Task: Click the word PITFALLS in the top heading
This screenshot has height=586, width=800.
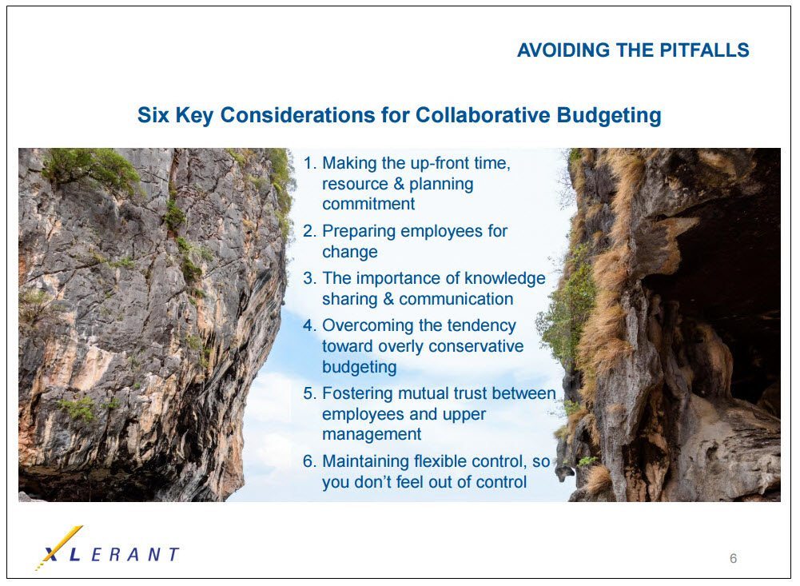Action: click(x=704, y=50)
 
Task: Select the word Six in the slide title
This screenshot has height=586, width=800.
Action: click(x=153, y=115)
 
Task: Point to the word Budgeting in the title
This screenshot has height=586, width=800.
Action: click(x=609, y=116)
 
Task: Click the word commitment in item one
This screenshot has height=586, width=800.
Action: click(x=368, y=204)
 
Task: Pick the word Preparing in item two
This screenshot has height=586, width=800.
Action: click(x=359, y=232)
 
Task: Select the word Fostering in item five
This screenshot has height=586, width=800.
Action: click(x=357, y=394)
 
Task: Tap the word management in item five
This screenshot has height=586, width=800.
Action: click(x=372, y=435)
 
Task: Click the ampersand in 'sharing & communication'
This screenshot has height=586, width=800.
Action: click(x=388, y=299)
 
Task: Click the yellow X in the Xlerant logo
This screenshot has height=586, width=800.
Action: click(x=60, y=547)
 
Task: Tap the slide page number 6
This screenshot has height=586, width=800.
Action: click(x=733, y=559)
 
